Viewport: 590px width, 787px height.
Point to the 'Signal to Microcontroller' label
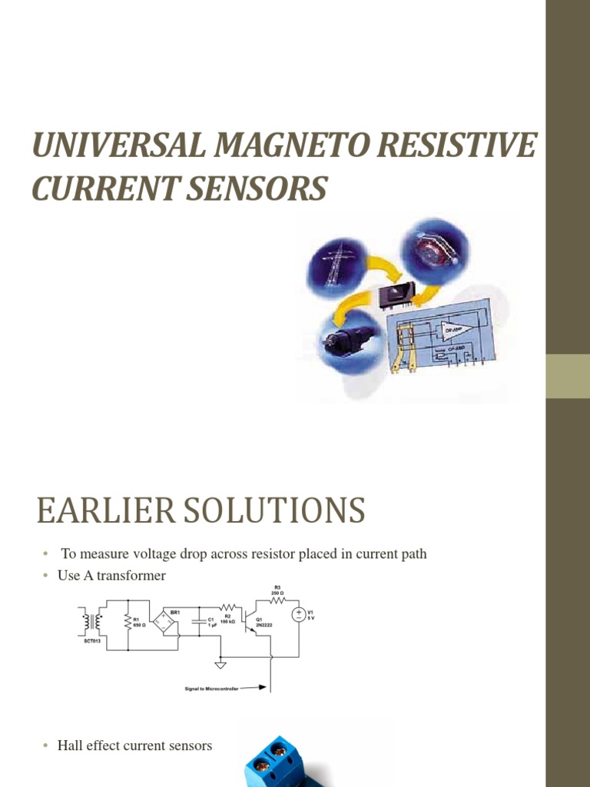click(x=218, y=689)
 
